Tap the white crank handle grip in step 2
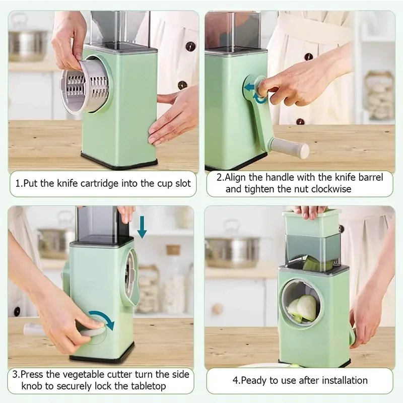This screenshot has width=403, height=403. [291, 148]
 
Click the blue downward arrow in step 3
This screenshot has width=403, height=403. [142, 227]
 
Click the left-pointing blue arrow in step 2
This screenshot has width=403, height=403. [249, 87]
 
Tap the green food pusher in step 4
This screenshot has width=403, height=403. [312, 222]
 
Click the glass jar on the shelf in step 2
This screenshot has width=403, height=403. [380, 96]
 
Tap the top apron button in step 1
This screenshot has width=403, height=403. [190, 46]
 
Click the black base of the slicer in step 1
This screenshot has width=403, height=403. [119, 162]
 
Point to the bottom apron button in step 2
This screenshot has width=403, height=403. [300, 121]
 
